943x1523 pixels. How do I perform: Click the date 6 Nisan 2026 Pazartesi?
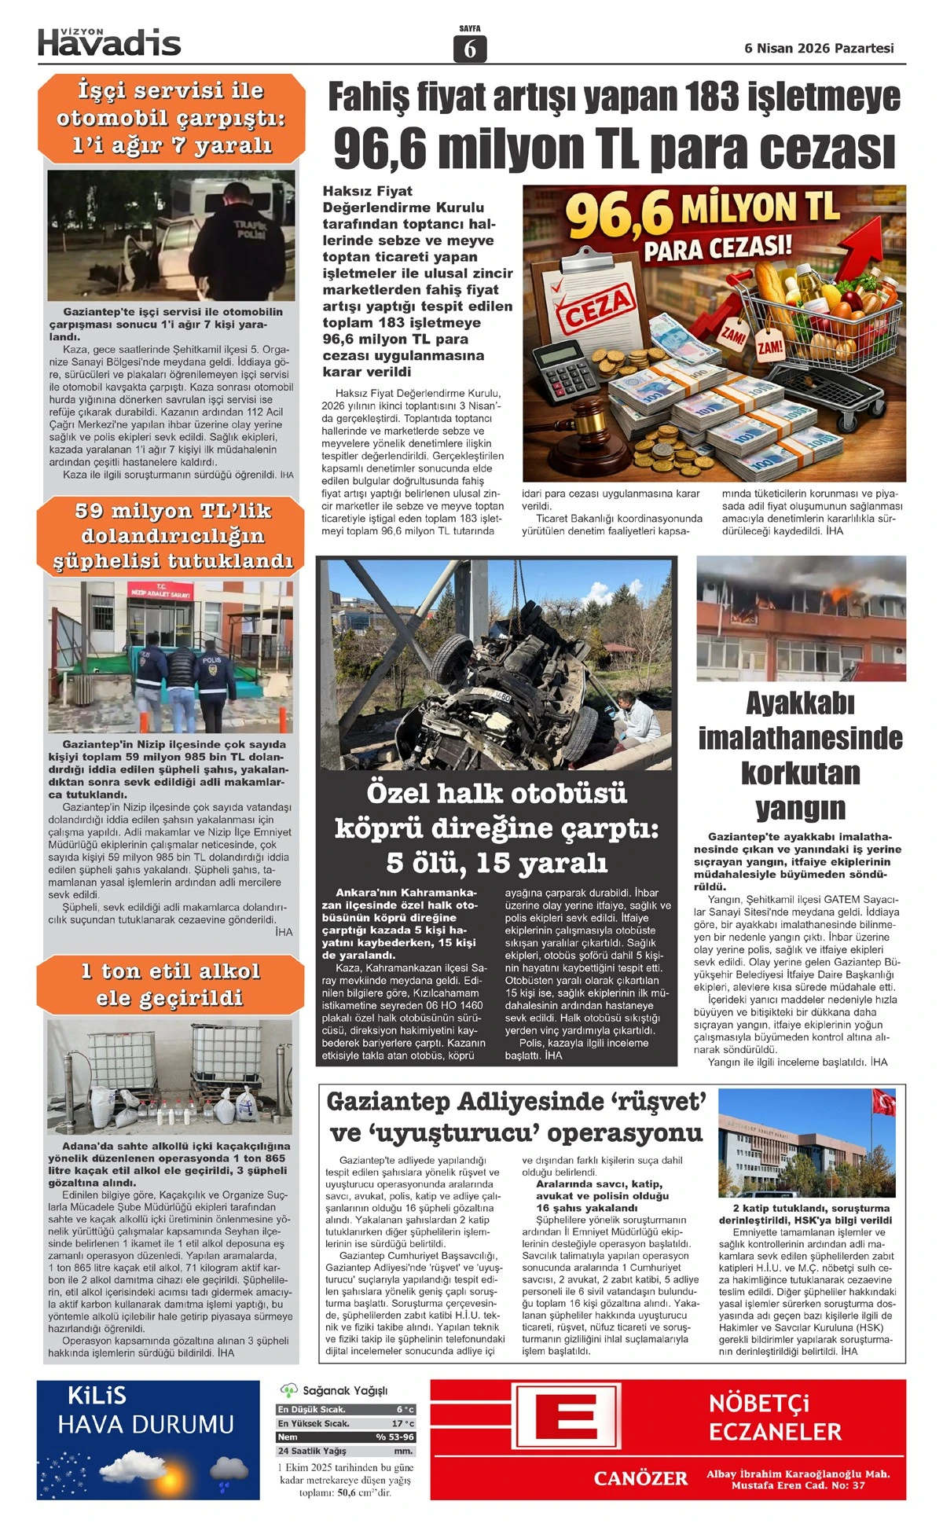point(819,49)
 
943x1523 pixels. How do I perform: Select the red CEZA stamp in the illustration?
point(595,306)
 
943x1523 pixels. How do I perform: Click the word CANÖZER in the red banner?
point(640,1478)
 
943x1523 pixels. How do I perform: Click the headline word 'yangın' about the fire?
point(800,808)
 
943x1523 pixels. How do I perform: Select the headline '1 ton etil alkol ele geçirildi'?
point(170,984)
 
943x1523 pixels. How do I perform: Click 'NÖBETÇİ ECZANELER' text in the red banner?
point(775,1418)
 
